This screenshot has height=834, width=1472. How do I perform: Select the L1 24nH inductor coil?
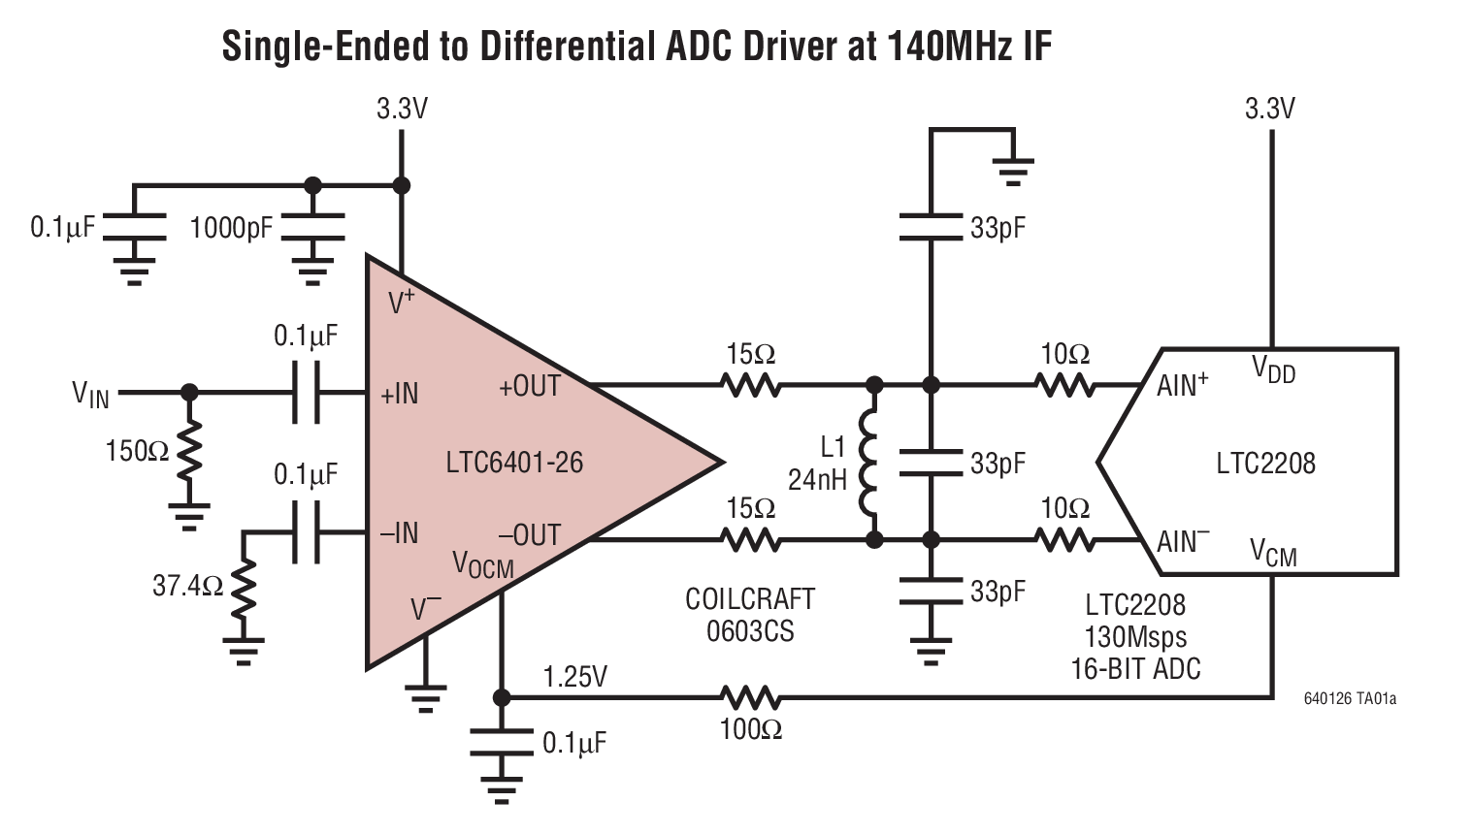click(x=870, y=462)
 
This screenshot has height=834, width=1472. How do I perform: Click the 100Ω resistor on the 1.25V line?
click(x=750, y=697)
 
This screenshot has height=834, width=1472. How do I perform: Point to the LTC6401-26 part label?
click(x=514, y=463)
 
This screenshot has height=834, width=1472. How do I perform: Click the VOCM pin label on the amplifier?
click(x=482, y=564)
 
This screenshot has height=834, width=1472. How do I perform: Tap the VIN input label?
click(x=91, y=394)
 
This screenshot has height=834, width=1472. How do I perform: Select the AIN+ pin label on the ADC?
click(x=1182, y=385)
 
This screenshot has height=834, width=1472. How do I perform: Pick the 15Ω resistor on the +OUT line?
click(x=750, y=386)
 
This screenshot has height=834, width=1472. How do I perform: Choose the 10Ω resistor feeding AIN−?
click(x=1064, y=539)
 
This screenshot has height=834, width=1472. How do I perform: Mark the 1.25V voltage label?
click(x=575, y=676)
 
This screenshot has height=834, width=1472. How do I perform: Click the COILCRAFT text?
click(x=749, y=599)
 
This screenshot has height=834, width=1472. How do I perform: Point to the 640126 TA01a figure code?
click(x=1350, y=698)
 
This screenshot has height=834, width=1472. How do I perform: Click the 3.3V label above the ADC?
click(x=1270, y=109)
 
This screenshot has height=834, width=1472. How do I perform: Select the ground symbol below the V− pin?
click(x=425, y=696)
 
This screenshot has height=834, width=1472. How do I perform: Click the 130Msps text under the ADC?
click(x=1135, y=637)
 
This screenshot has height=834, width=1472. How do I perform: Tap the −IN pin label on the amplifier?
click(x=399, y=533)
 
